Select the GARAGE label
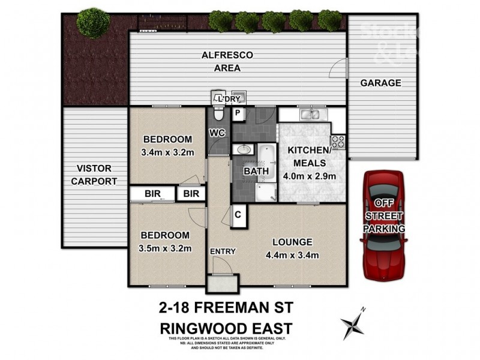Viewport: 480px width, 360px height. coord(380,83)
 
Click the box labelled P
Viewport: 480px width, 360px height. coord(238,113)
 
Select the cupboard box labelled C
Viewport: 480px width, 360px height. coord(238,214)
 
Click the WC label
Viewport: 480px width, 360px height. coord(217,133)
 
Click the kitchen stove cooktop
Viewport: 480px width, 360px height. coord(338,142)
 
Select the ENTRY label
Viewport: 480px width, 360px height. coord(222,251)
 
